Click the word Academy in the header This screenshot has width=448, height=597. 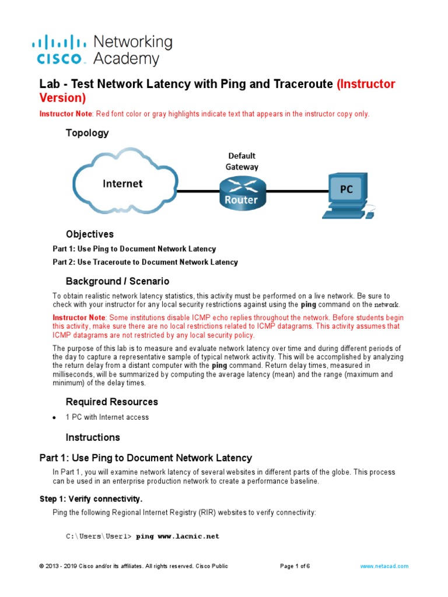pos(126,59)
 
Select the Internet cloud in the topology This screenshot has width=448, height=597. pos(123,184)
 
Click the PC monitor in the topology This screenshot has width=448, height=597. pos(346,189)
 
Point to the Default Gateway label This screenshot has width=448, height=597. pos(242,161)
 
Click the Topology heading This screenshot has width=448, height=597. pos(87,133)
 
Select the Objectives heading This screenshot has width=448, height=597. pos(89,234)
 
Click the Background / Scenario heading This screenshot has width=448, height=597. pos(117,281)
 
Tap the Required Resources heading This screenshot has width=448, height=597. pos(111,402)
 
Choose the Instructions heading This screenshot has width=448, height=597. pos(93,437)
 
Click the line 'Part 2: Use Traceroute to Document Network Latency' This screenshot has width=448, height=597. pos(145,262)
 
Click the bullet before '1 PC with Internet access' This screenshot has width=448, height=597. pos(54,418)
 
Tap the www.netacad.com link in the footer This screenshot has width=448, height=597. pos(384,566)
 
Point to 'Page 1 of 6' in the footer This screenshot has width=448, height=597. pos(295,566)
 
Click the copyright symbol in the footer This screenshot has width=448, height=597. pos(41,566)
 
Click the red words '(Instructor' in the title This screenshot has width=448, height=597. pos(366,84)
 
